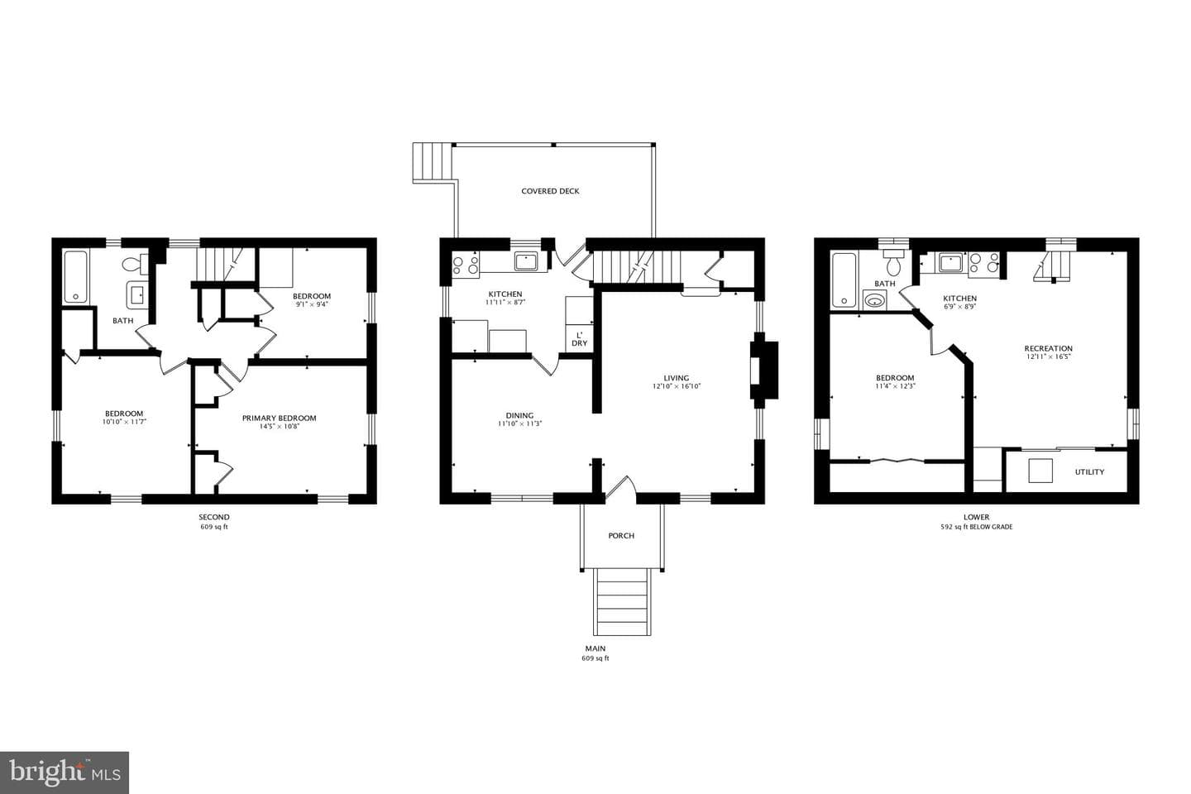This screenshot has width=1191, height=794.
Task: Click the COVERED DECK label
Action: click(x=550, y=191)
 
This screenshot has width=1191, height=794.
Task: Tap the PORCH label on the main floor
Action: click(x=621, y=536)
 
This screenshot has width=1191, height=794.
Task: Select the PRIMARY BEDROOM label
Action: click(x=280, y=418)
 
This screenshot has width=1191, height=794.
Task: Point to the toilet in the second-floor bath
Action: click(x=136, y=263)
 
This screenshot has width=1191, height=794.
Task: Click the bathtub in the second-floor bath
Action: click(x=75, y=276)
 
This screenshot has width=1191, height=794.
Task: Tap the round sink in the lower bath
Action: click(x=874, y=301)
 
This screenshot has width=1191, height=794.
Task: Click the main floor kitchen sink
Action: click(x=526, y=261)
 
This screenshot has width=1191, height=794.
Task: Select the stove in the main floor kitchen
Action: click(x=465, y=265)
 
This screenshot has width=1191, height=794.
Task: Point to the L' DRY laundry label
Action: click(x=580, y=339)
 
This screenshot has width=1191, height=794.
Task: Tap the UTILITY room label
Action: click(x=1089, y=471)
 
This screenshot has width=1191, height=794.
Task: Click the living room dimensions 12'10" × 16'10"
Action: click(x=677, y=386)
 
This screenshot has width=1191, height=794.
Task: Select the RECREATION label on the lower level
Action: click(x=1048, y=348)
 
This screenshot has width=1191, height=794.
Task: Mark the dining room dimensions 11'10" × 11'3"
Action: click(x=519, y=423)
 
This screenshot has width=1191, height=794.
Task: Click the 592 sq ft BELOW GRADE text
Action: click(x=976, y=527)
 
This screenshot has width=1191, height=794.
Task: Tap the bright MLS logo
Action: click(x=65, y=772)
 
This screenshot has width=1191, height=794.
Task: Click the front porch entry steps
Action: click(x=622, y=601)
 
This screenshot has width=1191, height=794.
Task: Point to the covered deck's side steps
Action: click(x=433, y=163)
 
